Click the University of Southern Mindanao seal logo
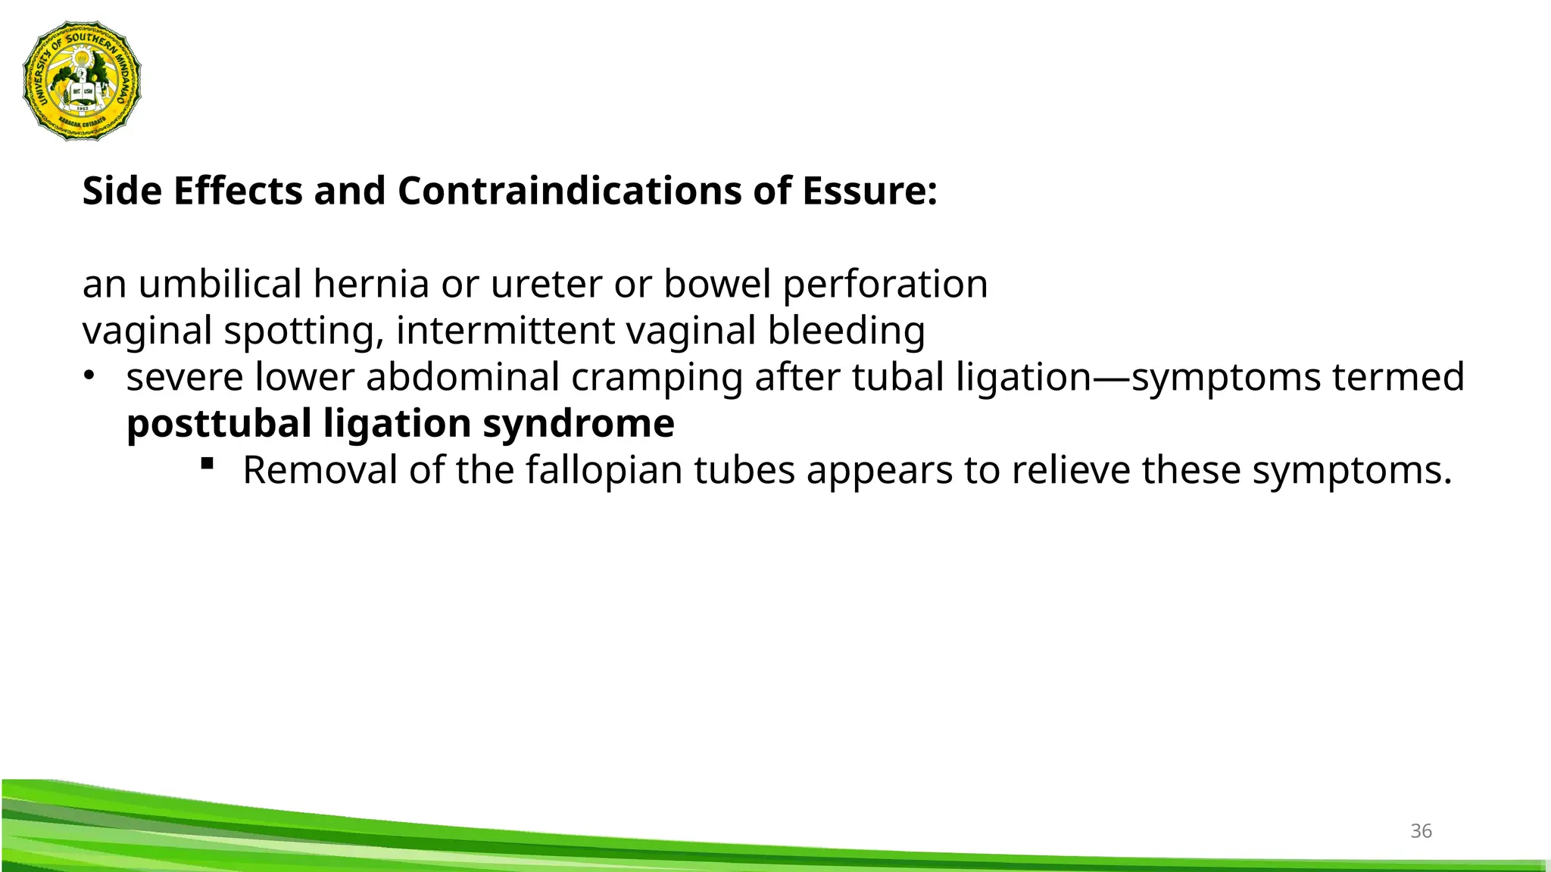(x=82, y=80)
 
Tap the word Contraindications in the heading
(x=569, y=191)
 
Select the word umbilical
(x=220, y=285)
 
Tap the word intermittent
(x=505, y=332)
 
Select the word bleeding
(x=846, y=332)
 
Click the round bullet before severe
(x=89, y=375)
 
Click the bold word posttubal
(x=219, y=424)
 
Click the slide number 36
(x=1421, y=831)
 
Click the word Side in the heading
(x=121, y=191)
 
